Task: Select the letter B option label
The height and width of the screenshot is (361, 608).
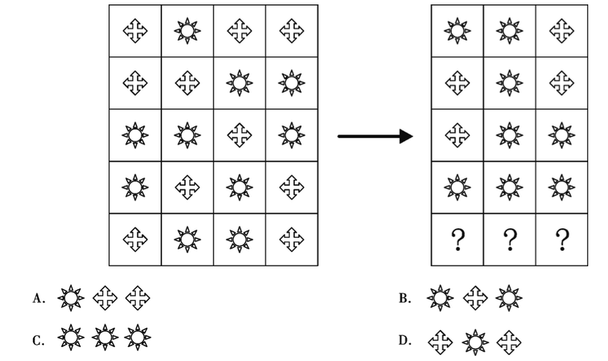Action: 404,298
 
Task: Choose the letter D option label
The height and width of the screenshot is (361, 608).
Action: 404,340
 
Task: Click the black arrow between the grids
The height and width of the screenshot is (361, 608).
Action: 375,136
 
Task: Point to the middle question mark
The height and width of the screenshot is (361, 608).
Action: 510,239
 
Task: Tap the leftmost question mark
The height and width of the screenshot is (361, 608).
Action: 458,239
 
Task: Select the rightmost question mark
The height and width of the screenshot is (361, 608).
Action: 562,239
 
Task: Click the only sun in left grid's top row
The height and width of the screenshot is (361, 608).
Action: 187,31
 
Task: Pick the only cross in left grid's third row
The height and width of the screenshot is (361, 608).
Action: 240,135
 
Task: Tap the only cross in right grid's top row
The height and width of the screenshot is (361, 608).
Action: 562,31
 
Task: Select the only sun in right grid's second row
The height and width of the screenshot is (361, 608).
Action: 510,83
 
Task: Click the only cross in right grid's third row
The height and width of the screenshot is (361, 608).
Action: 458,135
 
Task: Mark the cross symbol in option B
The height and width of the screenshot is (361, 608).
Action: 476,298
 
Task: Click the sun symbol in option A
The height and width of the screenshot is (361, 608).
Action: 70,298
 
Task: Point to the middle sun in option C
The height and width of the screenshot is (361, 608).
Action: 104,338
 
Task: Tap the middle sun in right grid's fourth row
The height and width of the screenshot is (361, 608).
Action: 510,187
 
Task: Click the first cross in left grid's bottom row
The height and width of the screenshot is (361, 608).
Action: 135,239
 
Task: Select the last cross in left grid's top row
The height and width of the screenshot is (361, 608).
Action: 292,31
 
